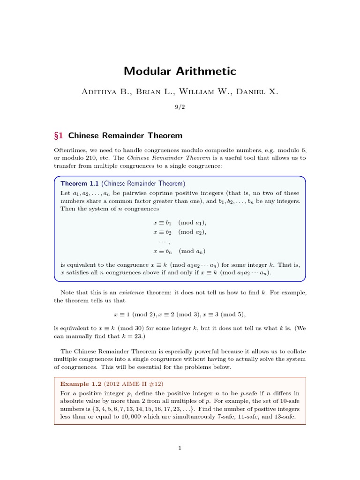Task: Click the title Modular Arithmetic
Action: [x=180, y=71]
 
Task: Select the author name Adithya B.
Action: [x=104, y=92]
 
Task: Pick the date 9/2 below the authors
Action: [x=180, y=107]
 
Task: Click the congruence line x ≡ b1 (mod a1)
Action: [x=180, y=223]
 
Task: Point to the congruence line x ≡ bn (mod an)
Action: [x=180, y=251]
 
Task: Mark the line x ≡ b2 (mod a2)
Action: [x=180, y=232]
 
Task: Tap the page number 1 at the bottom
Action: [x=180, y=448]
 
